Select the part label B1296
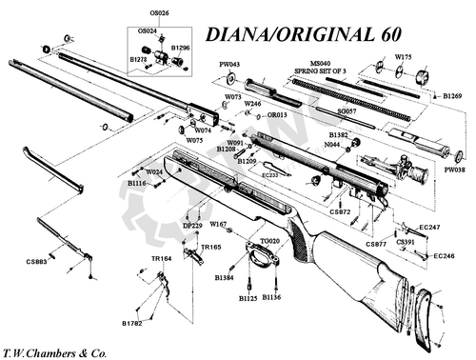click(x=180, y=48)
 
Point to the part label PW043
click(x=230, y=65)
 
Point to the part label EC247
click(x=429, y=228)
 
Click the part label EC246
click(x=444, y=256)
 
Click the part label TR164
click(x=161, y=258)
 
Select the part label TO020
click(x=269, y=242)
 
